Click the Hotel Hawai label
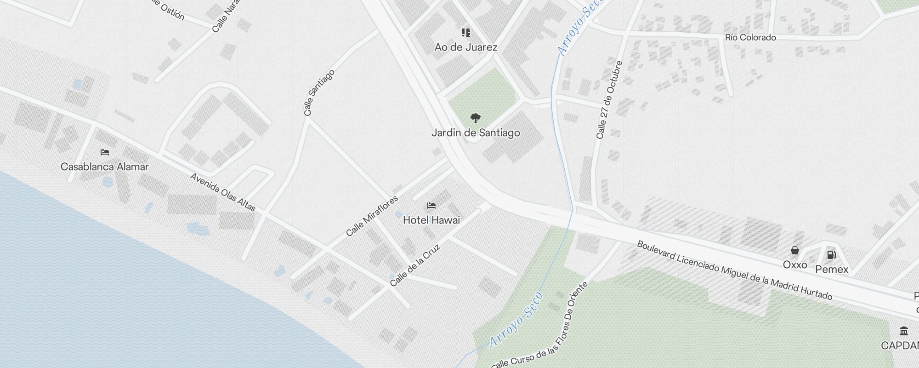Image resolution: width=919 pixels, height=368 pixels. (431, 220)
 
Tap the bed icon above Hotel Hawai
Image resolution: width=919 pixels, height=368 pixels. (431, 205)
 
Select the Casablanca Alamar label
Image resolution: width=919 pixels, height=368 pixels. (104, 167)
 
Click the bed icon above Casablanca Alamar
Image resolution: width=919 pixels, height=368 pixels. (105, 152)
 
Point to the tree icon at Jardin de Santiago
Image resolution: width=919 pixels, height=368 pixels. (476, 118)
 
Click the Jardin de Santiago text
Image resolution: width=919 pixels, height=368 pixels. (476, 133)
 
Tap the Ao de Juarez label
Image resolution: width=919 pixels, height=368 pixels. (465, 47)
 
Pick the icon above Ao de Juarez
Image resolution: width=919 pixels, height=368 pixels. (466, 33)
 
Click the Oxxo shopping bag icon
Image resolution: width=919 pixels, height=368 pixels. (794, 251)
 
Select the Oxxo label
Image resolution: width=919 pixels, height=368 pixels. (795, 264)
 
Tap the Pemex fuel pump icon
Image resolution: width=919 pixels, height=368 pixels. (831, 254)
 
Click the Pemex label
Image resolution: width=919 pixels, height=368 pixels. (832, 269)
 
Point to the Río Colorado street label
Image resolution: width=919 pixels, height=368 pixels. (750, 37)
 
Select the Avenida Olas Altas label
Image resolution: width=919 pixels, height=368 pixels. (223, 192)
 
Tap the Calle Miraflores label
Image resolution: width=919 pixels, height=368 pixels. (372, 216)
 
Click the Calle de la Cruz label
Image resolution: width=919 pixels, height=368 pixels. (415, 265)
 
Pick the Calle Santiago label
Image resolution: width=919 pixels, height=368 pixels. (319, 92)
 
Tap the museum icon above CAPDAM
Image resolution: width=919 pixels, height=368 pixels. (903, 331)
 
